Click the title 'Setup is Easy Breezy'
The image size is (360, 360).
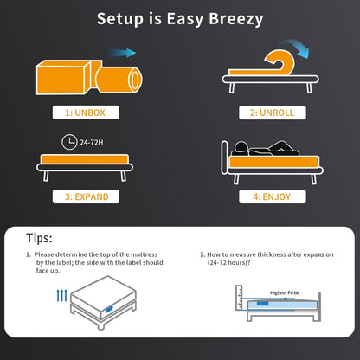click(179, 19)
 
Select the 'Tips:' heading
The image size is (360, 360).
click(39, 236)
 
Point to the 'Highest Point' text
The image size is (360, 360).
click(285, 292)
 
